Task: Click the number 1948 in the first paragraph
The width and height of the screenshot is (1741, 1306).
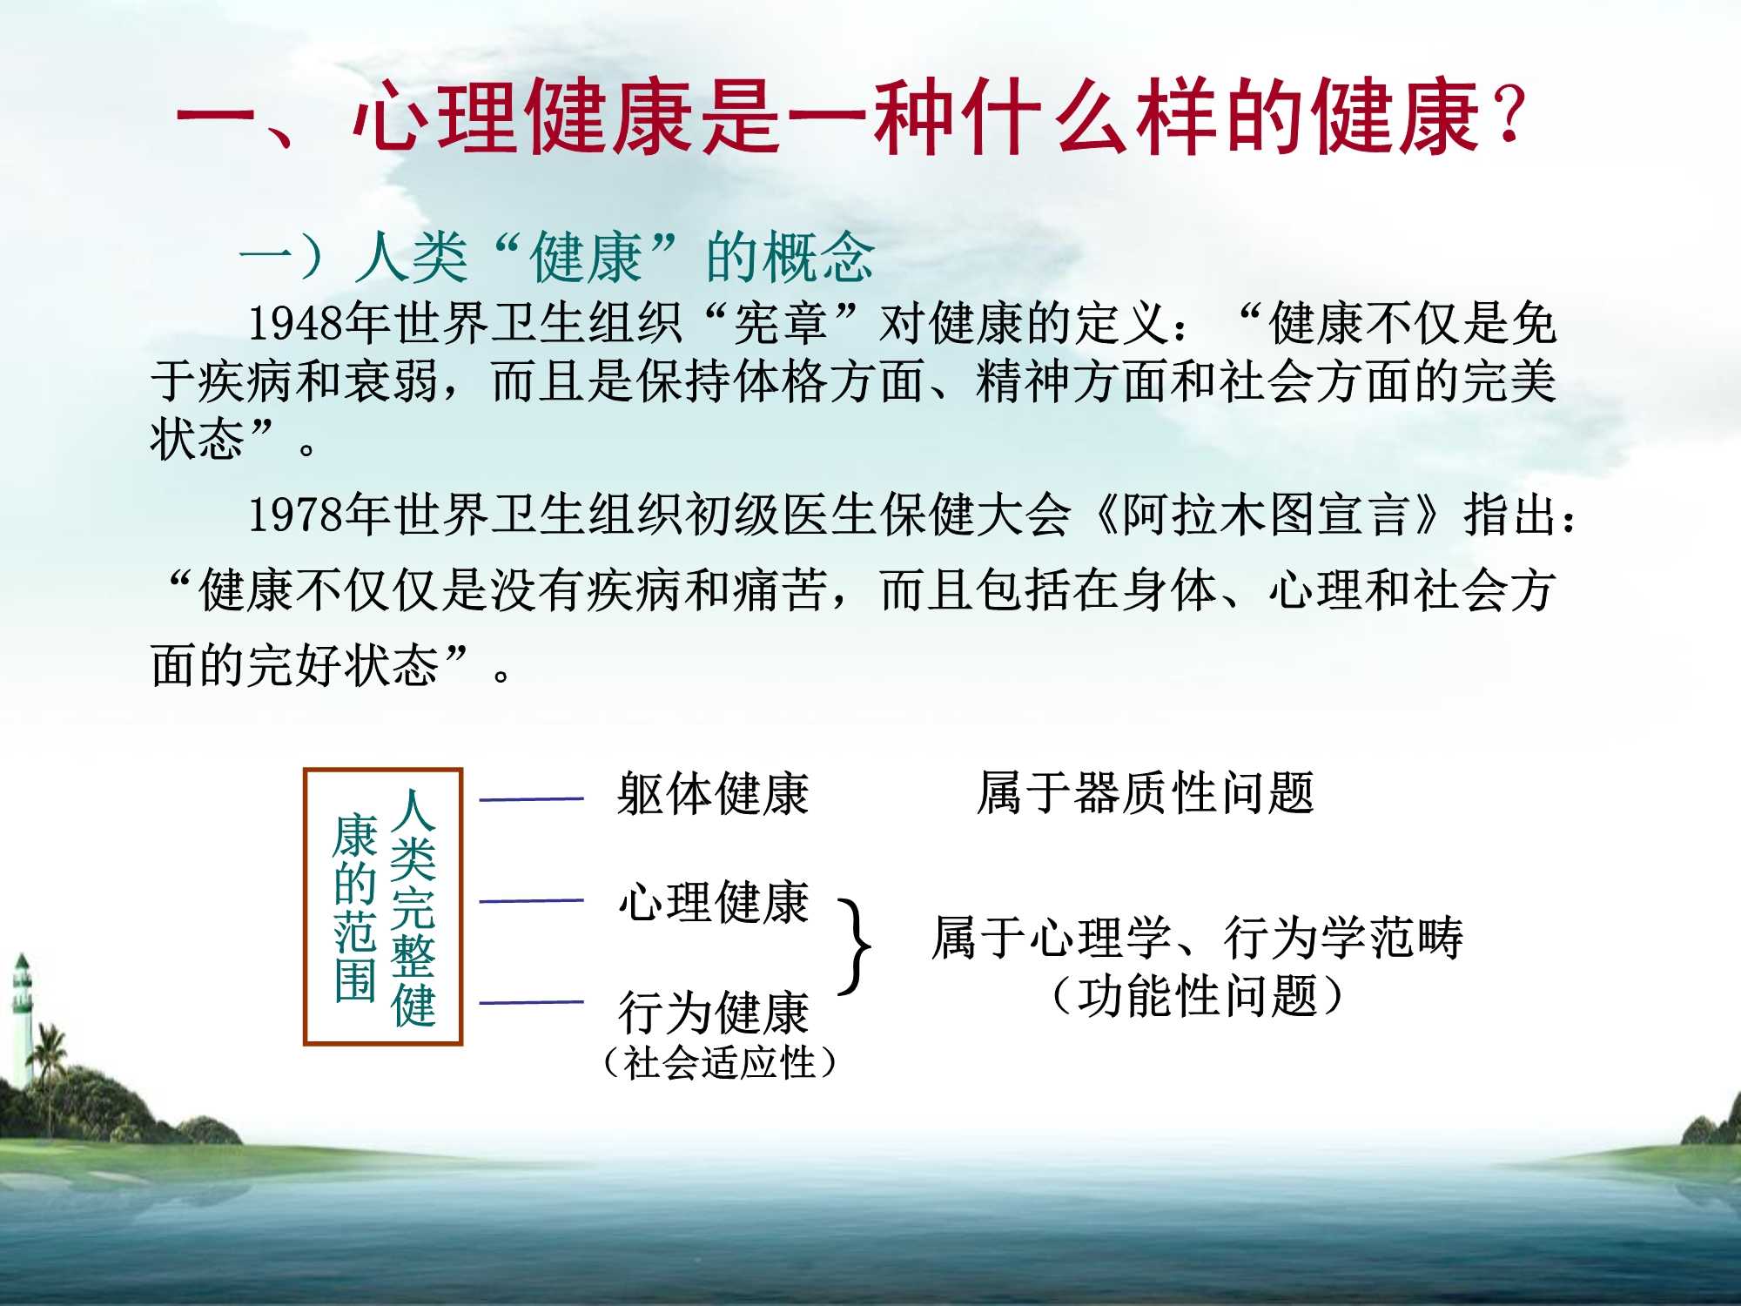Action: pos(296,324)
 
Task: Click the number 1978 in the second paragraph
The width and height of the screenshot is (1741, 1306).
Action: pos(296,515)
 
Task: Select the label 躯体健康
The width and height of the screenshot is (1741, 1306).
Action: pos(713,794)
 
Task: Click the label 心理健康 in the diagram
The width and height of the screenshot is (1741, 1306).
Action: pos(713,902)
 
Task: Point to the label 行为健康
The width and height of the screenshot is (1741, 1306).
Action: pos(713,1013)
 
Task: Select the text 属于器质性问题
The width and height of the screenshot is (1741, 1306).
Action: pos(1144,794)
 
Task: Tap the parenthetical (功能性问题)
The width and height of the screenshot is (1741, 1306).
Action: pos(1197,997)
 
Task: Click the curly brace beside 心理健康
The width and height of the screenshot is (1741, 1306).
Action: pos(855,947)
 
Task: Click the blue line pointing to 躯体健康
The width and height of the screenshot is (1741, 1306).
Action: pos(531,798)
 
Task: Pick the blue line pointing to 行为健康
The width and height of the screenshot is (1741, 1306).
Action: pos(531,1002)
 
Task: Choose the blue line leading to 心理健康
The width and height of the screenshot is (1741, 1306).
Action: pos(531,900)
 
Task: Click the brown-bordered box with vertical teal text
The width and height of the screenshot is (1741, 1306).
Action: pos(383,906)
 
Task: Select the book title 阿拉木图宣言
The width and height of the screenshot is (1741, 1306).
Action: pos(1267,515)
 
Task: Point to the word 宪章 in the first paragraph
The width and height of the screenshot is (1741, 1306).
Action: pos(780,324)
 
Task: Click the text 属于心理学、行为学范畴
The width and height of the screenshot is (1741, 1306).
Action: pos(1197,939)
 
